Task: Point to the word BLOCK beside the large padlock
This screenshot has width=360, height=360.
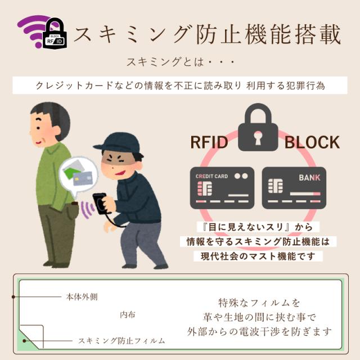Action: [312, 142]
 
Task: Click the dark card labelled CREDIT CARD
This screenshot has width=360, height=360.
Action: [223, 188]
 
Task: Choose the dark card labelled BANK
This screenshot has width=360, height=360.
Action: [294, 188]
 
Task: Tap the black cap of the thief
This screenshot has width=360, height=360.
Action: [116, 143]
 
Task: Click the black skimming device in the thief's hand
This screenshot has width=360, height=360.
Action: [100, 203]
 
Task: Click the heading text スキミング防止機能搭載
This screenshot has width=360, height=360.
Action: [208, 34]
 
